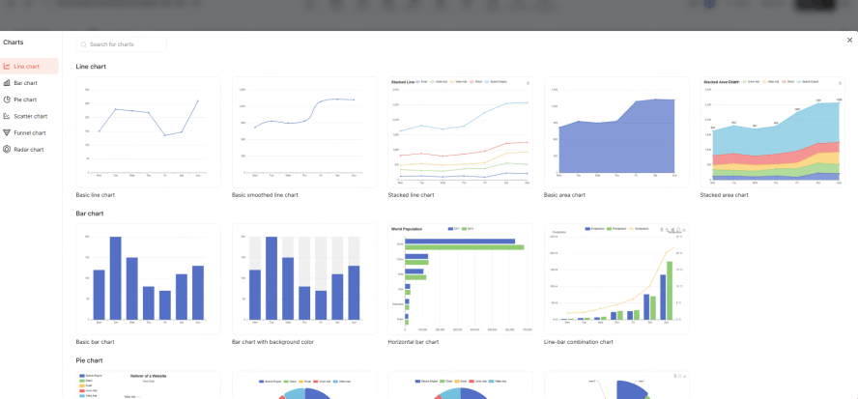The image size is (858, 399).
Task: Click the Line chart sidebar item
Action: pos(27,67)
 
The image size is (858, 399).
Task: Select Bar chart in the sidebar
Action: pos(26,83)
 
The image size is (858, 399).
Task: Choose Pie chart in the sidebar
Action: pos(25,100)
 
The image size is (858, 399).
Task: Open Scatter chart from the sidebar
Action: pos(30,116)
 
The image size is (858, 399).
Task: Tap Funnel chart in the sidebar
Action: pos(30,132)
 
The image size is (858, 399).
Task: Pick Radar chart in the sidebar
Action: pos(29,149)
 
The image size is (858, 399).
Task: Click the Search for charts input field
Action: pos(124,44)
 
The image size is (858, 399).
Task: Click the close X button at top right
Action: pos(849,40)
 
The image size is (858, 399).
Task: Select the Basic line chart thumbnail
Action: pos(148,131)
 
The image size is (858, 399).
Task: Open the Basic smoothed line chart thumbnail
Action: pos(304,131)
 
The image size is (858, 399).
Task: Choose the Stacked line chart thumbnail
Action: pos(460,131)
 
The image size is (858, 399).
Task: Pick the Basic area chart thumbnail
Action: pos(616,131)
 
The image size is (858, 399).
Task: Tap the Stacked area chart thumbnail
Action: pos(772,131)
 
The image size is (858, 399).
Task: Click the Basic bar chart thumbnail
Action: pos(148,278)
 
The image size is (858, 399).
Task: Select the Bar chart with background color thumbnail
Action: pos(304,278)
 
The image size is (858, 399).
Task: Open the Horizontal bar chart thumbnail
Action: pos(460,278)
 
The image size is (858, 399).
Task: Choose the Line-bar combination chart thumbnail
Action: pos(616,278)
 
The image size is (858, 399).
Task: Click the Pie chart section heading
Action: pos(89,360)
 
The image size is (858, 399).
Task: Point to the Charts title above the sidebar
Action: pos(14,43)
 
